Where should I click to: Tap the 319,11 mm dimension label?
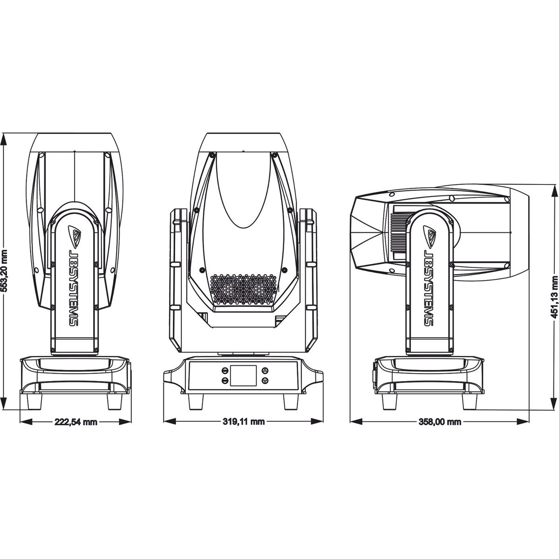tap(244, 422)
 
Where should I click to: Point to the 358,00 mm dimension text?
tap(440, 422)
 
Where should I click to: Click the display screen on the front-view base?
tap(244, 375)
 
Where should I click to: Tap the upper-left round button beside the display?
tap(225, 371)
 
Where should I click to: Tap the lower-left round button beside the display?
tap(225, 381)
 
